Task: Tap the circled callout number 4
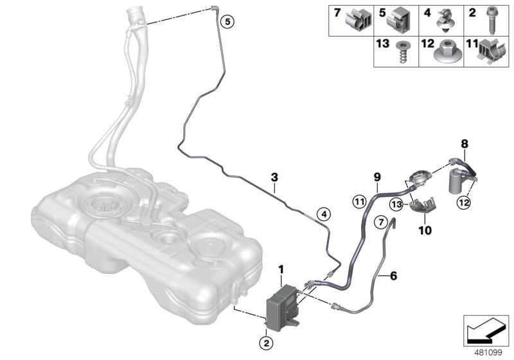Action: coord(324,215)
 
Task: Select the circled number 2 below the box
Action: coord(266,343)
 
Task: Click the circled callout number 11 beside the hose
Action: coord(359,201)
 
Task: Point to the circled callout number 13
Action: coord(396,204)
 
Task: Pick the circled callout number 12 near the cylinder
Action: coord(465,203)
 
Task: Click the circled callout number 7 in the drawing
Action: coord(381,222)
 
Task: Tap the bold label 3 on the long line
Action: coord(274,177)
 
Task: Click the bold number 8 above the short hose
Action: coord(465,143)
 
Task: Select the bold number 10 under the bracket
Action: coord(425,231)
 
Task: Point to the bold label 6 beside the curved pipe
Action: coord(393,276)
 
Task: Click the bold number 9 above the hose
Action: coord(377,177)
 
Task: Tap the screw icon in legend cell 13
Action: coord(402,52)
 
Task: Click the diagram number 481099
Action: coord(488,353)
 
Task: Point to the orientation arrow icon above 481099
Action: coord(486,331)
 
